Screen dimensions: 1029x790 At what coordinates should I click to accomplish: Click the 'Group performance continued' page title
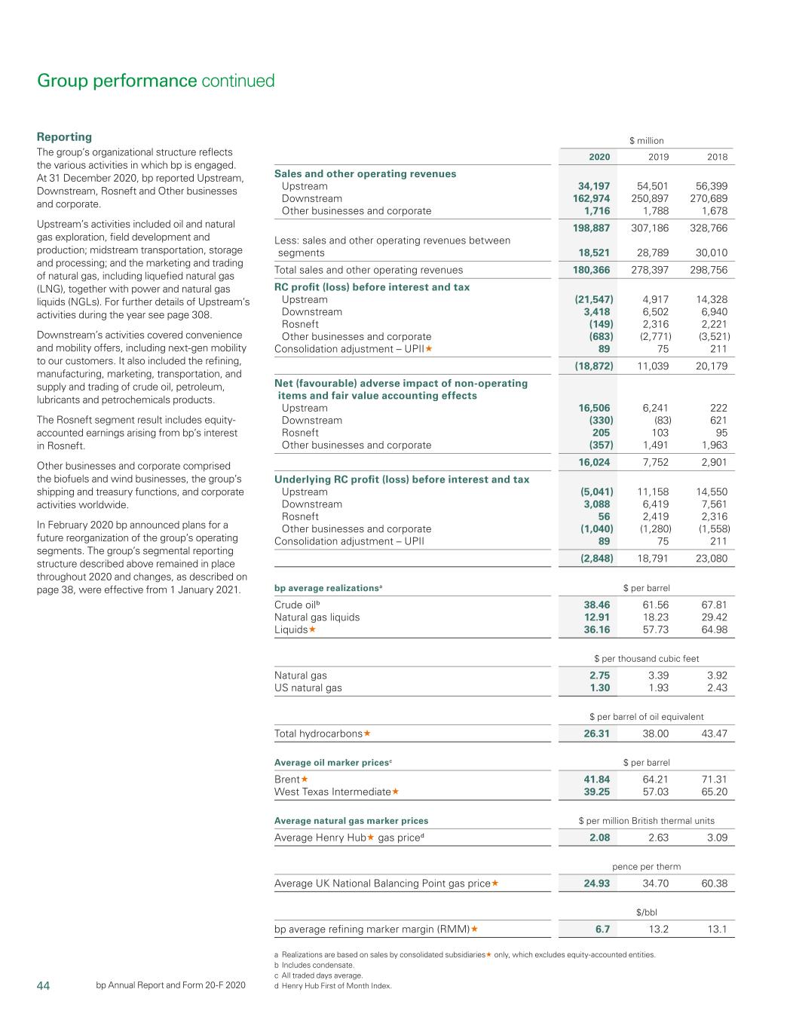pos(155,81)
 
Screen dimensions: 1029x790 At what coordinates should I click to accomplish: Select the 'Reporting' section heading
pos(64,136)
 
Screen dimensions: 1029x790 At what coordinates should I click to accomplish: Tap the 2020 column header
pos(599,157)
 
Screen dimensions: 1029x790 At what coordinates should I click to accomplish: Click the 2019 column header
pos(658,157)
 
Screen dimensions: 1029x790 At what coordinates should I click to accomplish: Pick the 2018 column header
pos(717,157)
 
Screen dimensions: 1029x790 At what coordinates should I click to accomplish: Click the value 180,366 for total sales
pos(592,270)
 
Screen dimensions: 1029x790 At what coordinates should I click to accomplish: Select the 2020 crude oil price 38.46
pos(597,605)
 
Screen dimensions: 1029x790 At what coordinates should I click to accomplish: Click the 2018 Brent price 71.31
pos(714,779)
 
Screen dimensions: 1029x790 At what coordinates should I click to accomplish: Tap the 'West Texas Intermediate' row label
pos(332,792)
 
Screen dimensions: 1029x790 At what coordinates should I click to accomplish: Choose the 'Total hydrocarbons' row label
pos(318,733)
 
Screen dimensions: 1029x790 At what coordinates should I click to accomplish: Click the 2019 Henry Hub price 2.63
pos(658,838)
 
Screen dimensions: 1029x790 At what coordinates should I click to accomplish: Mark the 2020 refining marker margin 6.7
pos(602,929)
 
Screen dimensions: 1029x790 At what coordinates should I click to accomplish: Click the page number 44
pos(43,985)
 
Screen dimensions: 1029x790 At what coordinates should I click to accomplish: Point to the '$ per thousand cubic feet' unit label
pos(646,658)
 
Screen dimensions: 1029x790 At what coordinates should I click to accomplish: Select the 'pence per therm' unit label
pos(646,867)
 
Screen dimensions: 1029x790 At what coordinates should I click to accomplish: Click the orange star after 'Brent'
pos(305,779)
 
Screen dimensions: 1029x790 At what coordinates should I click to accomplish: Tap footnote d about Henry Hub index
pos(332,985)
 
